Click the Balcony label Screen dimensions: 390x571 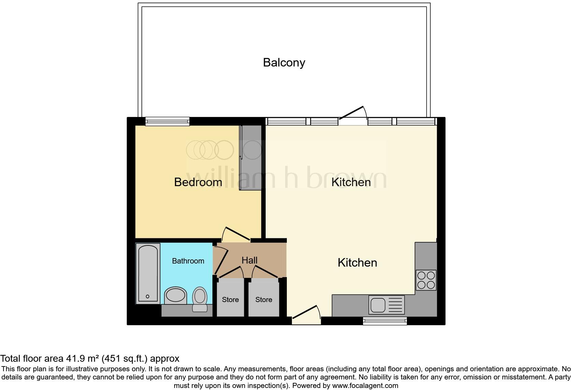point(284,63)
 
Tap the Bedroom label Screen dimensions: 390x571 point(198,182)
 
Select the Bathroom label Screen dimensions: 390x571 point(188,261)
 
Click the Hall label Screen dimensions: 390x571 point(249,260)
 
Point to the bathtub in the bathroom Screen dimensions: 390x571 point(148,273)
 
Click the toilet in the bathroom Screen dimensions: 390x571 point(200,299)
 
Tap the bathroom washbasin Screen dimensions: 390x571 point(176,295)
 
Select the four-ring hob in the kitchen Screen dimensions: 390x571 point(426,280)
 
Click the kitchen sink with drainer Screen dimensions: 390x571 point(386,304)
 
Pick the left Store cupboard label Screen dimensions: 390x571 point(230,300)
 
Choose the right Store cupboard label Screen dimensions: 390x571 point(264,300)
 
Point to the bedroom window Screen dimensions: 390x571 point(167,121)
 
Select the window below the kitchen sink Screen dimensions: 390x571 point(385,320)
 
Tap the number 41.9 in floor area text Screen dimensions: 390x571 point(75,359)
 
